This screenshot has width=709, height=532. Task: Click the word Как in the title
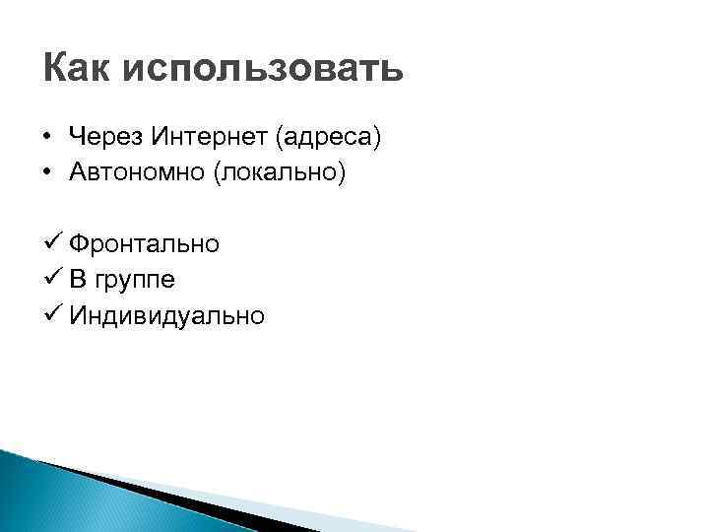[78, 69]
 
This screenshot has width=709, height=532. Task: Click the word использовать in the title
[263, 71]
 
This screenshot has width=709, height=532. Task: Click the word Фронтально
[144, 243]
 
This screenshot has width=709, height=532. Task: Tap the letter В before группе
[77, 279]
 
